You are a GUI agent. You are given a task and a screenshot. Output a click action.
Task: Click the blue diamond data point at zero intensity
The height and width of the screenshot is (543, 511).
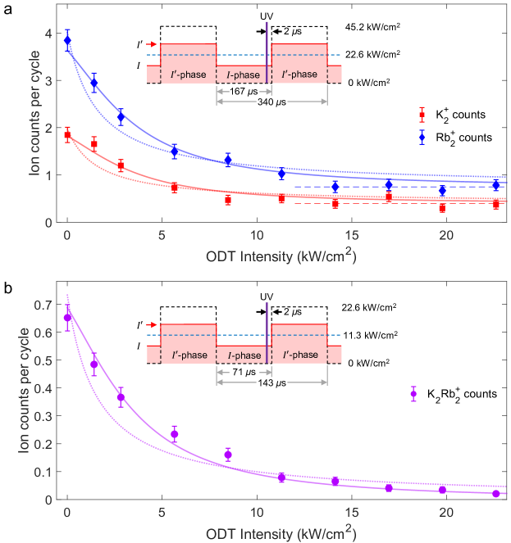[x=67, y=40]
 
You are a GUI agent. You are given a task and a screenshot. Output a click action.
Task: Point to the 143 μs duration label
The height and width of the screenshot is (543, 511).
[x=271, y=384]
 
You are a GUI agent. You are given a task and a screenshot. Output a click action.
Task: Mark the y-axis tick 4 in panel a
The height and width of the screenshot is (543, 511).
[x=48, y=34]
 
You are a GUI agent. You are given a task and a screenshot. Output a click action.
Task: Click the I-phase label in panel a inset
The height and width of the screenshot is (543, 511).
[x=243, y=75]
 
